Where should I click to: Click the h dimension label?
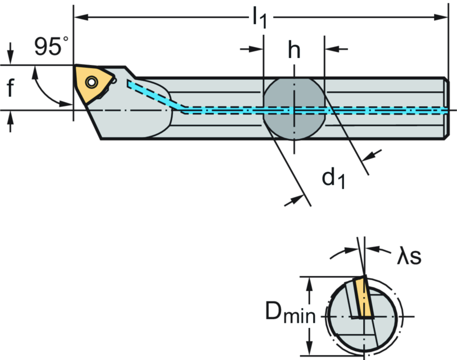[294, 50]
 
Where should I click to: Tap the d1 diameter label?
[333, 178]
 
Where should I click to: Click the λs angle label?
[409, 257]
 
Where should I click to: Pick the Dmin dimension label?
[290, 312]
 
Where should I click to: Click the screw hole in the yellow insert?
[91, 82]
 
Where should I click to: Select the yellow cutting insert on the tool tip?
[94, 83]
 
